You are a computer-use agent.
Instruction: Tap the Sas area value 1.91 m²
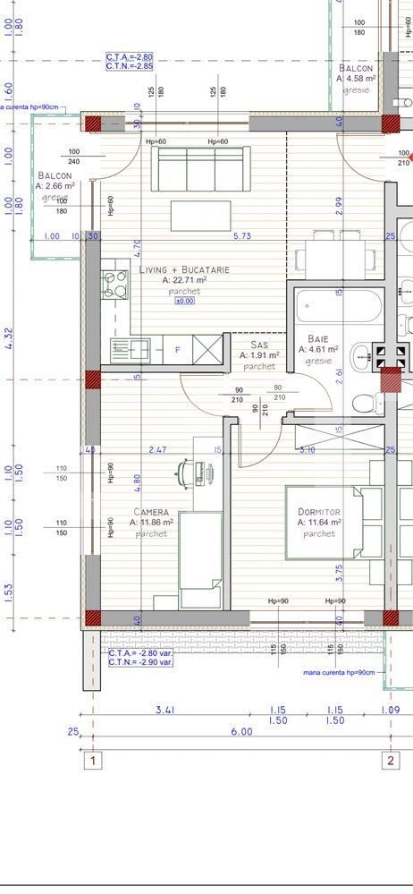pyautogui.click(x=259, y=355)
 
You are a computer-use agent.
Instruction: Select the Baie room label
pyautogui.click(x=317, y=338)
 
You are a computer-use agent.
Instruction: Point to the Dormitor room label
pyautogui.click(x=318, y=511)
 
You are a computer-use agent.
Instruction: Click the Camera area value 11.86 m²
pyautogui.click(x=152, y=522)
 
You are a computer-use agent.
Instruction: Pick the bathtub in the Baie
pyautogui.click(x=338, y=307)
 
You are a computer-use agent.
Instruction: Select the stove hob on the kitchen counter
pyautogui.click(x=115, y=285)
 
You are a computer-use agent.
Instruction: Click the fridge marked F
pyautogui.click(x=178, y=350)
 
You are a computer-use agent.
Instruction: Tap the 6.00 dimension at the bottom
pyautogui.click(x=241, y=731)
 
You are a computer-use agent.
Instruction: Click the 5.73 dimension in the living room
pyautogui.click(x=241, y=236)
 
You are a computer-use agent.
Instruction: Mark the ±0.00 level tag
pyautogui.click(x=185, y=301)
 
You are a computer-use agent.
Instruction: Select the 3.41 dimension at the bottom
pyautogui.click(x=164, y=709)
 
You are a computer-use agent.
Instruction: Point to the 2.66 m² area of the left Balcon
pyautogui.click(x=55, y=186)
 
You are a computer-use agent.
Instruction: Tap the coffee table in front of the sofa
pyautogui.click(x=200, y=216)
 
